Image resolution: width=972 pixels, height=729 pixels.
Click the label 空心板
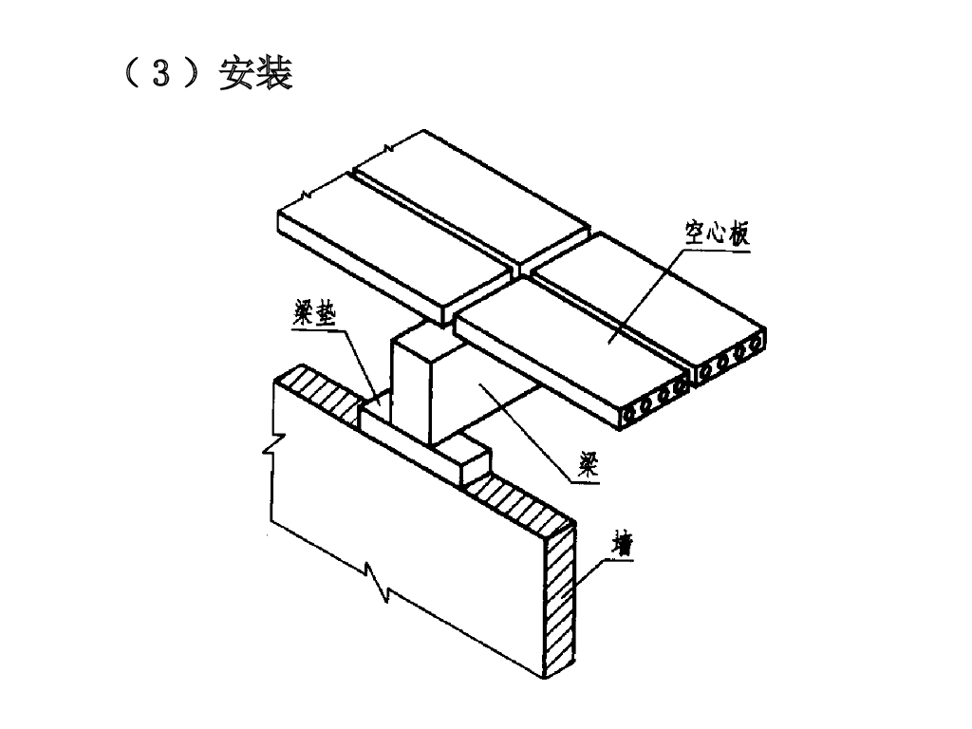[x=718, y=234]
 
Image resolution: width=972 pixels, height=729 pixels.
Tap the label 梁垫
[x=314, y=315]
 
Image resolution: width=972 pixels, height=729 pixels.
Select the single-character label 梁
[x=588, y=465]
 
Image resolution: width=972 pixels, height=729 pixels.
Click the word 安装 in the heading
[x=255, y=74]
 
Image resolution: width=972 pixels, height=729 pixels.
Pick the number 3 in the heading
[x=160, y=74]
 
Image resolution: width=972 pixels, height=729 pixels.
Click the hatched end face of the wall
[x=559, y=600]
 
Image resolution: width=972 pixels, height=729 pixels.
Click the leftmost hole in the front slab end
[x=631, y=415]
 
